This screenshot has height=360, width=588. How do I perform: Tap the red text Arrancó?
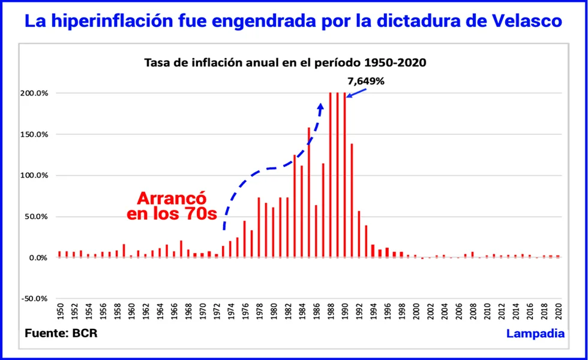[x=172, y=199]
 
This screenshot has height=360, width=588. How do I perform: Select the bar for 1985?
[x=309, y=192]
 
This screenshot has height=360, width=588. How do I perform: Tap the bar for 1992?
[x=359, y=234]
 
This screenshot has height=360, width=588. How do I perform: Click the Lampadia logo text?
[x=535, y=334]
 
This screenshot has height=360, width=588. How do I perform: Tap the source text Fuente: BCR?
[x=61, y=334]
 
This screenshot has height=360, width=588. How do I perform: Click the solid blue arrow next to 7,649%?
[x=358, y=92]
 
